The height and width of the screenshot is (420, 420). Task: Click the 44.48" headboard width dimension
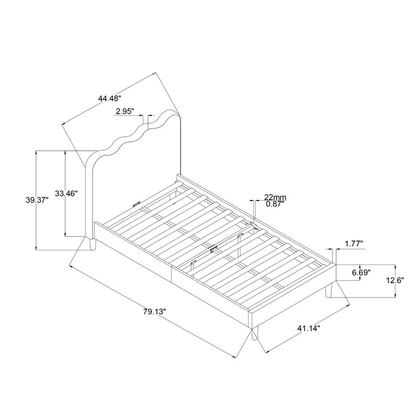[110, 99]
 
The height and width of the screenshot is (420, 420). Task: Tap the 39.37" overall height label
[37, 200]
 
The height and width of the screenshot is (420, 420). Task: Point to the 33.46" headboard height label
[66, 193]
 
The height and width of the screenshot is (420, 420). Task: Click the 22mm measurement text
[275, 197]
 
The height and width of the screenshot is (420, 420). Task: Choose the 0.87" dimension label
[275, 204]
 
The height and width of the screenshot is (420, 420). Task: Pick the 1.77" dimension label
[354, 244]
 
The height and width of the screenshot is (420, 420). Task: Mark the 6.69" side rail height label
[361, 273]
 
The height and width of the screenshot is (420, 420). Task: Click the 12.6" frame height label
[395, 280]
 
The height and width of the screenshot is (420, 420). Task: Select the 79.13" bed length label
[154, 312]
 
